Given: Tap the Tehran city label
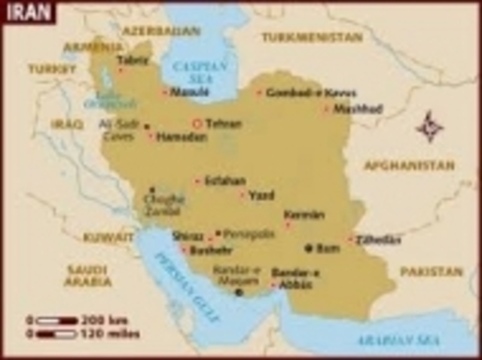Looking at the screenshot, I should click(x=224, y=124).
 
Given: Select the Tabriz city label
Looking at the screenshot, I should click(x=133, y=60).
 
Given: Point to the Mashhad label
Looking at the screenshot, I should click(x=358, y=109).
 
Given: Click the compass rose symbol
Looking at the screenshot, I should click(x=429, y=126).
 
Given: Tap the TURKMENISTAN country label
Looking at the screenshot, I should click(x=312, y=36).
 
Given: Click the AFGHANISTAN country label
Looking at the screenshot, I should click(x=410, y=165).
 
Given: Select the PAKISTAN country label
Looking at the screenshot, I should click(x=432, y=271).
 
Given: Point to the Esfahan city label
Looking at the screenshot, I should click(x=225, y=181).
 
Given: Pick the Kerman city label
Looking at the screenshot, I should click(x=304, y=215).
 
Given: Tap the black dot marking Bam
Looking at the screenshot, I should click(x=308, y=248).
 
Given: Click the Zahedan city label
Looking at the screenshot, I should click(x=379, y=239).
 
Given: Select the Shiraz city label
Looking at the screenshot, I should click(x=188, y=235).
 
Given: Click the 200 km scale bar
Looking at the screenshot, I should click(x=57, y=320).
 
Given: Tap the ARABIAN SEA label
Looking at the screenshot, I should click(x=387, y=339).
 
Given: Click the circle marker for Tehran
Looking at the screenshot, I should click(x=197, y=124).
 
